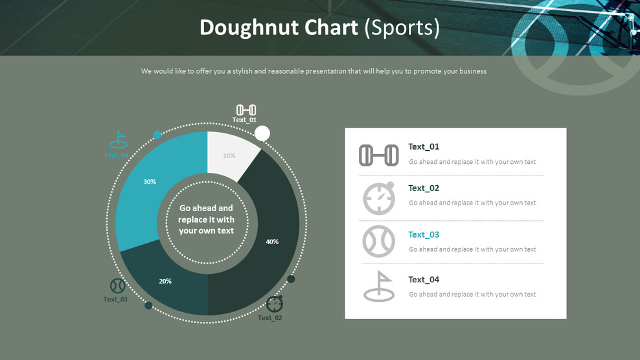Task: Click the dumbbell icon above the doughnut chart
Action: (246, 109)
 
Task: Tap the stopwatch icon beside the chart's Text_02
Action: (275, 303)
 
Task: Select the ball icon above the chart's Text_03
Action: (117, 286)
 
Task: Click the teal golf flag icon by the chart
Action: (118, 140)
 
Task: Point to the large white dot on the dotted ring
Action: (262, 133)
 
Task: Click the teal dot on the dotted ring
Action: (157, 135)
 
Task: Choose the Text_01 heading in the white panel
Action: (424, 146)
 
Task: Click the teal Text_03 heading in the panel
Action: (424, 234)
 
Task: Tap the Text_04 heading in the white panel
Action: (424, 280)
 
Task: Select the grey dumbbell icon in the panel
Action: (379, 155)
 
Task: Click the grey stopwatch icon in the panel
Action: (379, 198)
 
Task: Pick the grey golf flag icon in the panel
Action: (379, 287)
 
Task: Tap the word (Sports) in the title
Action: (402, 28)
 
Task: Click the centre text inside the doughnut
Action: (207, 219)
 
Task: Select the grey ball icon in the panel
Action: (379, 242)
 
